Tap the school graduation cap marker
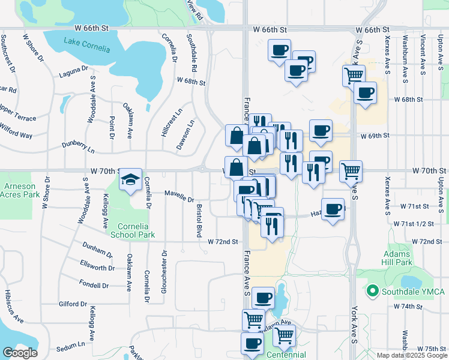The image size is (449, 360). coord(130,179)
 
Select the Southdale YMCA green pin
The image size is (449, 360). coord(372,292)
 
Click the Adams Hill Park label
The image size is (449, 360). coord(397,258)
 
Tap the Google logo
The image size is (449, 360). coord(19,352)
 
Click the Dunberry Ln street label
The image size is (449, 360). coord(79,146)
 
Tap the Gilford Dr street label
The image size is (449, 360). coord(73,304)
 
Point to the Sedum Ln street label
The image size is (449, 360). coord(70,346)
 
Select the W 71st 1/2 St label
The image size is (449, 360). coord(414,223)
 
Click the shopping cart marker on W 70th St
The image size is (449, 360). coord(351,170)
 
